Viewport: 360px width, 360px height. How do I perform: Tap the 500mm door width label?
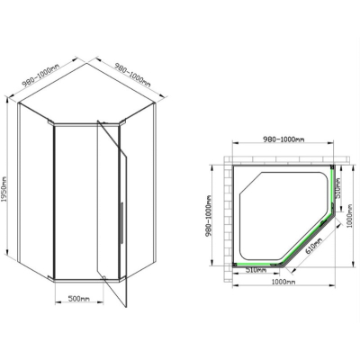point(79,299)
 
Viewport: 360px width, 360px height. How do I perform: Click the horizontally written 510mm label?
point(256,270)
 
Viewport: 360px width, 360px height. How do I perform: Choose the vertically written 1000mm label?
point(350,216)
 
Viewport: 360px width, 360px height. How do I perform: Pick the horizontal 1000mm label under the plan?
point(283,282)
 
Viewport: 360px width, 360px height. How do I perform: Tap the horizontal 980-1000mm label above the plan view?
point(283,139)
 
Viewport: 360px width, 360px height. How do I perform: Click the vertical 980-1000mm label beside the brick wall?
point(209,216)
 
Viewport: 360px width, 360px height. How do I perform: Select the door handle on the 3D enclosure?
point(121,222)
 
